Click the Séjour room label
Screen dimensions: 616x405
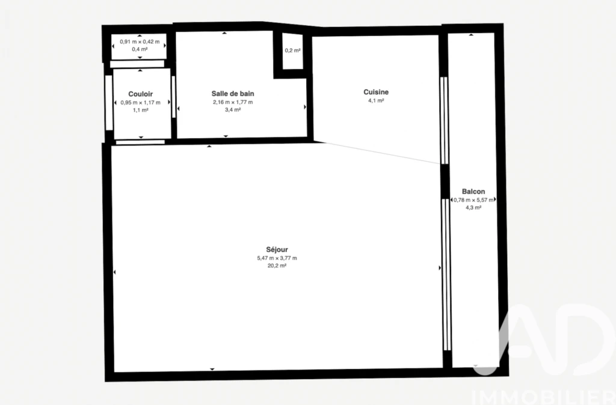click(277, 249)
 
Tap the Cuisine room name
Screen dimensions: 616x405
click(376, 92)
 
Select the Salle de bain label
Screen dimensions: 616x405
click(233, 93)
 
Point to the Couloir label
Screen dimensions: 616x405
click(140, 94)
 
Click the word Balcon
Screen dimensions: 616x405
click(473, 192)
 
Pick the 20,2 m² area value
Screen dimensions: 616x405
click(277, 266)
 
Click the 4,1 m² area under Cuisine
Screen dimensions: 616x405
click(376, 100)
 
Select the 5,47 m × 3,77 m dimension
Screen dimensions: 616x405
click(277, 258)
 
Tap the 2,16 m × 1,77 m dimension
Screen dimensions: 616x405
click(233, 102)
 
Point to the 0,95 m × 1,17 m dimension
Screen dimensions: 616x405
click(140, 102)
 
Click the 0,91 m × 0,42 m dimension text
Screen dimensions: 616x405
click(140, 41)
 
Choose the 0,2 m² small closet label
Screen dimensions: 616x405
click(293, 50)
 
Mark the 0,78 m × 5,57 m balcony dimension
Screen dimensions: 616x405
click(473, 199)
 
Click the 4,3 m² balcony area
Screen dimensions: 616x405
click(473, 207)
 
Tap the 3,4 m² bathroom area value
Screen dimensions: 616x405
click(233, 110)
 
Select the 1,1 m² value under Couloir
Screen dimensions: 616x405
click(140, 111)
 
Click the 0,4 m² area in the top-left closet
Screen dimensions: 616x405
click(140, 49)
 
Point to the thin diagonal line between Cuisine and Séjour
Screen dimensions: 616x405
click(382, 153)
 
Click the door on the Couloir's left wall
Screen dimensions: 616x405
click(109, 102)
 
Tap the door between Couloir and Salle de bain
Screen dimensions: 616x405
click(173, 97)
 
